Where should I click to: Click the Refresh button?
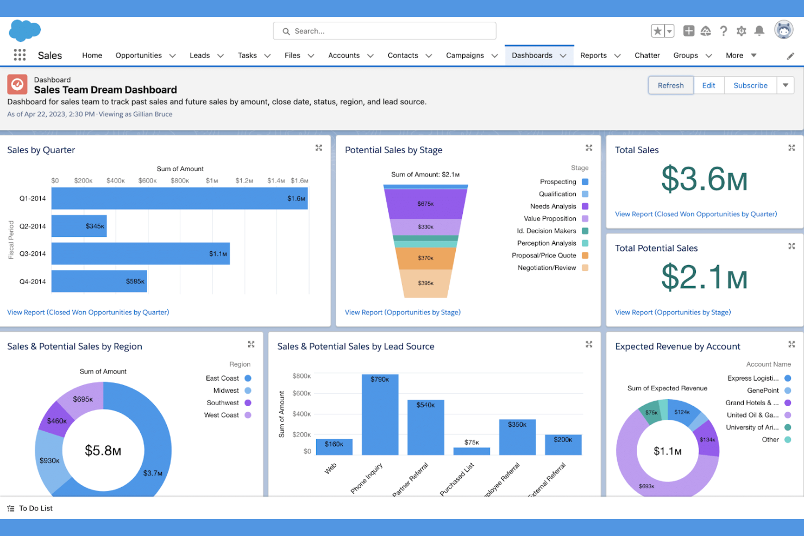point(670,85)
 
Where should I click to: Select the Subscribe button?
point(750,85)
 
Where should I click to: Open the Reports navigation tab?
point(593,55)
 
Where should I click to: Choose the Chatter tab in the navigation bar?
point(647,55)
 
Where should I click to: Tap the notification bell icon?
point(759,31)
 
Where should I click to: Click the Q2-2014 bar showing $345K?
point(79,226)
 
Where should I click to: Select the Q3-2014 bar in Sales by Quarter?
point(140,254)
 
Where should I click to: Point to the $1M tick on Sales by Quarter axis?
point(212,181)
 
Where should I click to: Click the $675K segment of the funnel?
point(425,204)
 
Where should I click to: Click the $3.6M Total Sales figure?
point(704,179)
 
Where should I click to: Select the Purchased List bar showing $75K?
point(472,451)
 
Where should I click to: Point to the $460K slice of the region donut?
point(56,420)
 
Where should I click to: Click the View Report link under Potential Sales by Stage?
point(403,312)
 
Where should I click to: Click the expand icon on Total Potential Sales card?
point(792,246)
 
